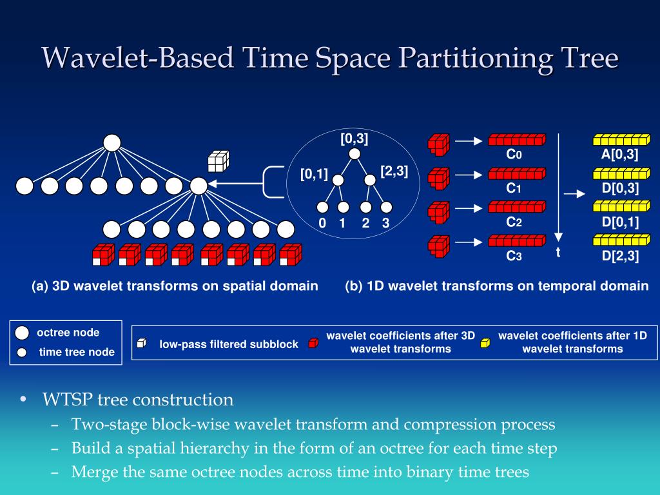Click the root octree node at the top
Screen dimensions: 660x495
(x=112, y=142)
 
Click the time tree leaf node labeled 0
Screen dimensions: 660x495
(x=323, y=208)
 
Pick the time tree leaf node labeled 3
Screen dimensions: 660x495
(x=386, y=208)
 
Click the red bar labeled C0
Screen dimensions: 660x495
(x=516, y=140)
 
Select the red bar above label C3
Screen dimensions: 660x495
(x=516, y=241)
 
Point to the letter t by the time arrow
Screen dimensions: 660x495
(x=558, y=253)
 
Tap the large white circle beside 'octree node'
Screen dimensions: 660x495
(x=22, y=333)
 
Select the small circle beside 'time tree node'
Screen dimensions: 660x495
(x=22, y=353)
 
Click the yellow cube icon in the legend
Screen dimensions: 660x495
(x=485, y=343)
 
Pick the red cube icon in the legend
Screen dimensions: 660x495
(x=313, y=343)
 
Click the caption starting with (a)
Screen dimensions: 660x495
(x=175, y=286)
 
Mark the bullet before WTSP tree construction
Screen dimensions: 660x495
(x=23, y=400)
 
